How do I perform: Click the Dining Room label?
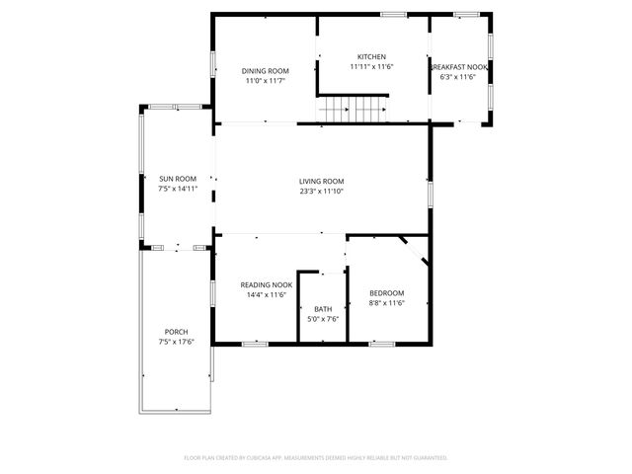pyautogui.click(x=266, y=71)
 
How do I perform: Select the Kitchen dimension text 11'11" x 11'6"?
pyautogui.click(x=371, y=67)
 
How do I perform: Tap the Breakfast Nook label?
pyautogui.click(x=459, y=66)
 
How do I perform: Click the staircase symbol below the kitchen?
pyautogui.click(x=352, y=110)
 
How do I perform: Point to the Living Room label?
pyautogui.click(x=322, y=181)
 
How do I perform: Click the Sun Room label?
pyautogui.click(x=178, y=179)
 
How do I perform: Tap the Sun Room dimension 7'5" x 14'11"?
pyautogui.click(x=178, y=189)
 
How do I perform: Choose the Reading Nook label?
pyautogui.click(x=266, y=284)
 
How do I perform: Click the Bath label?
pyautogui.click(x=323, y=309)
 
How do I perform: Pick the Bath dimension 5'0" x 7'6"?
pyautogui.click(x=323, y=319)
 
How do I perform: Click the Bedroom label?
pyautogui.click(x=386, y=293)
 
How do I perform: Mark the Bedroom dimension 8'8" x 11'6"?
pyautogui.click(x=386, y=303)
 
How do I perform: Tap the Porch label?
pyautogui.click(x=176, y=332)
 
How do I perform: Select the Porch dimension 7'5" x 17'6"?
pyautogui.click(x=176, y=342)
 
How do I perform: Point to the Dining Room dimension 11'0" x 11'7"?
pyautogui.click(x=266, y=81)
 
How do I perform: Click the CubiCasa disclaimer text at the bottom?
pyautogui.click(x=316, y=457)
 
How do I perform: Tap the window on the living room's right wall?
pyautogui.click(x=430, y=194)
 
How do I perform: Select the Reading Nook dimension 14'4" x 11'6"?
pyautogui.click(x=266, y=294)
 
